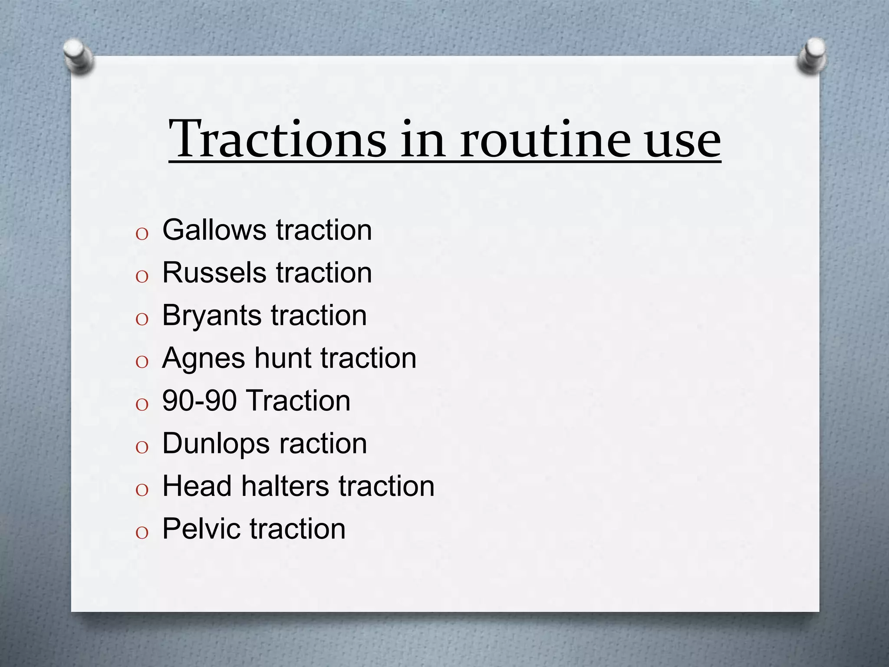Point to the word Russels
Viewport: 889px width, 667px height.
pos(214,273)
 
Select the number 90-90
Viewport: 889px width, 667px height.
pos(199,400)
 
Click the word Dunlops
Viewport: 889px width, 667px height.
pos(216,444)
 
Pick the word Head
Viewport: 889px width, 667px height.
pos(197,485)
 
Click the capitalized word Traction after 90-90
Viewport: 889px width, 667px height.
pos(300,400)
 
